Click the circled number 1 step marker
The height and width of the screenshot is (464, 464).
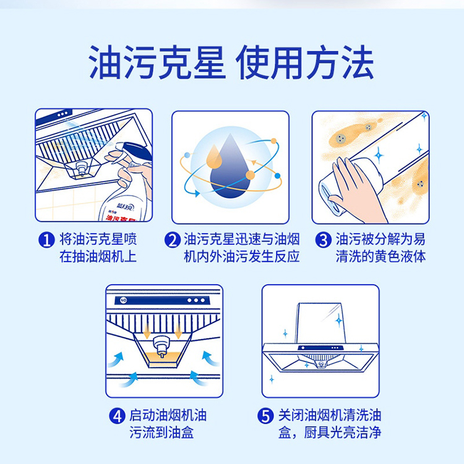(46, 239)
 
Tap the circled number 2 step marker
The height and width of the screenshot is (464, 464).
(173, 239)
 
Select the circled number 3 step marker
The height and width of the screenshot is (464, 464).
(323, 239)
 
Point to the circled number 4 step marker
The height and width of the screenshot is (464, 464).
(117, 416)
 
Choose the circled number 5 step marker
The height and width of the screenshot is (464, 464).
(265, 416)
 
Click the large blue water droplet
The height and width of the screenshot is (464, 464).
(230, 170)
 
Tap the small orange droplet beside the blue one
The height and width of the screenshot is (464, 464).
(214, 157)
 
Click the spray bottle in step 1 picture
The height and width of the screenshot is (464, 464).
(127, 184)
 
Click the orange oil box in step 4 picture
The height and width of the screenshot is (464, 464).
(162, 359)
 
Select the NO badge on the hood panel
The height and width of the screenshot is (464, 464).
(123, 300)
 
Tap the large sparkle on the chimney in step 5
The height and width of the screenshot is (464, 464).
(339, 320)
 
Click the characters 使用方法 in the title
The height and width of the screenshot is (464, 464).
(305, 62)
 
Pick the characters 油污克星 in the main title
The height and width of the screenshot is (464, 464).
(157, 62)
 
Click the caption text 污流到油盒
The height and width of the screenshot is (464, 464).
(161, 432)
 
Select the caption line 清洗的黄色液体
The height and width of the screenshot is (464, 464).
(380, 257)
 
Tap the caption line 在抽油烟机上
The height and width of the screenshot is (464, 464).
(98, 257)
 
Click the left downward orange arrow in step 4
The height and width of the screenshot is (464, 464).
(147, 332)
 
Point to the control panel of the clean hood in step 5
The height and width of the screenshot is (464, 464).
(320, 348)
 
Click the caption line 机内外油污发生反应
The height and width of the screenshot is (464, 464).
(242, 257)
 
